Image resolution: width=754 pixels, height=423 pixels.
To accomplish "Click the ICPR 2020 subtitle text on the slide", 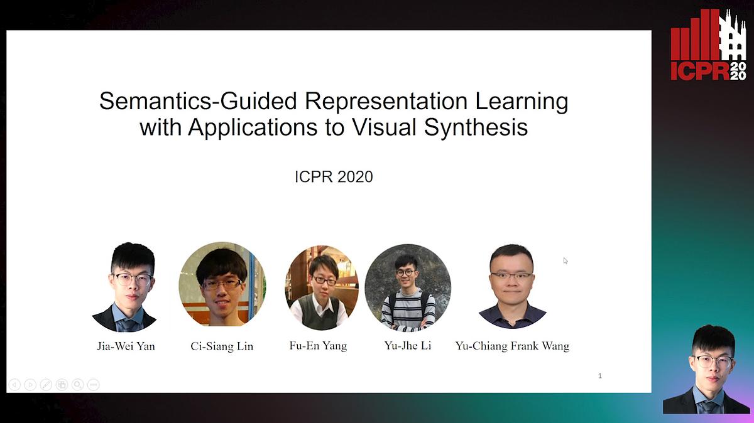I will [x=334, y=177].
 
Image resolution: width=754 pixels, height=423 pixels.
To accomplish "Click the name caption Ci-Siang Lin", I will [x=222, y=346].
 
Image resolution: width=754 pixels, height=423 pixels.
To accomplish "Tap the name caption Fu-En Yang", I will [x=318, y=346].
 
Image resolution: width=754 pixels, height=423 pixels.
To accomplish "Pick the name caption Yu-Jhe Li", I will [x=407, y=346].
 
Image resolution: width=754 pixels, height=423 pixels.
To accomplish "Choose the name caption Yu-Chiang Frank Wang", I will [x=512, y=346].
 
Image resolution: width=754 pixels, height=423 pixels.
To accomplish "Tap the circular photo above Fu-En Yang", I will [x=322, y=288].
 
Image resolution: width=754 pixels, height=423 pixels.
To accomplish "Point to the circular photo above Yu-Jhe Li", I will [x=407, y=287].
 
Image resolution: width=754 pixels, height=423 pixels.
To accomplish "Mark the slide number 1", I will [x=600, y=376].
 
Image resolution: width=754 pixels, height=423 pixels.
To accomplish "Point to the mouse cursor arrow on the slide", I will [x=565, y=260].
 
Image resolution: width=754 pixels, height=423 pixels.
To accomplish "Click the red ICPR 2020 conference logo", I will [x=708, y=45].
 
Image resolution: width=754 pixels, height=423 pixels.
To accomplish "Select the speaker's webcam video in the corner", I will [x=707, y=370].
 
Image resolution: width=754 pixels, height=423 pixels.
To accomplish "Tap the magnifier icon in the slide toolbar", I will [x=77, y=385].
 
